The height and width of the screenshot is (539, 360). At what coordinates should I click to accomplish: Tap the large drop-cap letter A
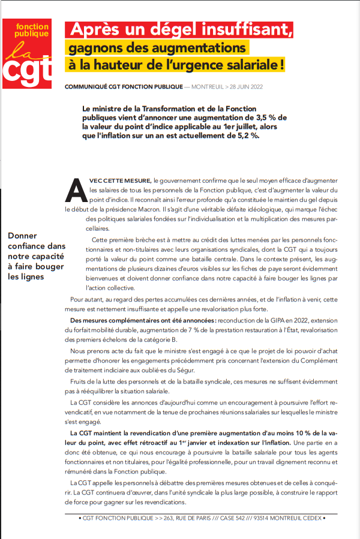[x=76, y=191]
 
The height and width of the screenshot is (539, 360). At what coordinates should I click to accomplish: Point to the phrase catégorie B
[x=168, y=339]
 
